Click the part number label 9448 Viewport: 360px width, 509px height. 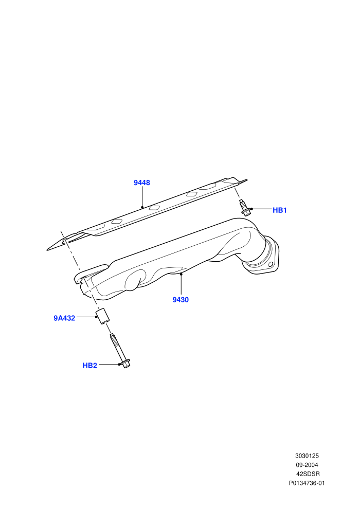(x=142, y=183)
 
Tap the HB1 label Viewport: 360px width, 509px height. (x=279, y=210)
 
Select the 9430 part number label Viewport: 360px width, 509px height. (x=181, y=300)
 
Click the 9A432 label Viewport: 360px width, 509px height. (x=64, y=318)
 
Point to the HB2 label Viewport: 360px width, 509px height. (x=90, y=366)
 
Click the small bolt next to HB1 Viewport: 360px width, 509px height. (x=245, y=208)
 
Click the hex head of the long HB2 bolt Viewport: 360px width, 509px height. (x=125, y=363)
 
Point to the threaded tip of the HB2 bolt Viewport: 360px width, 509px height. (x=112, y=336)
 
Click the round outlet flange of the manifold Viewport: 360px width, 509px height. (x=260, y=260)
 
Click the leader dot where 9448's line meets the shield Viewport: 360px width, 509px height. (x=142, y=207)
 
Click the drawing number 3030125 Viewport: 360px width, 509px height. (x=307, y=456)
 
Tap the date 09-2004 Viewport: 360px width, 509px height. (x=307, y=465)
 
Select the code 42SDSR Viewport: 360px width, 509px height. (x=308, y=474)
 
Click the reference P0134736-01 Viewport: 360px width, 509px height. (x=307, y=483)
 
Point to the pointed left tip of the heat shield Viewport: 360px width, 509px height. (x=47, y=250)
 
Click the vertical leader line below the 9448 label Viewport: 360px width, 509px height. (x=142, y=197)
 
